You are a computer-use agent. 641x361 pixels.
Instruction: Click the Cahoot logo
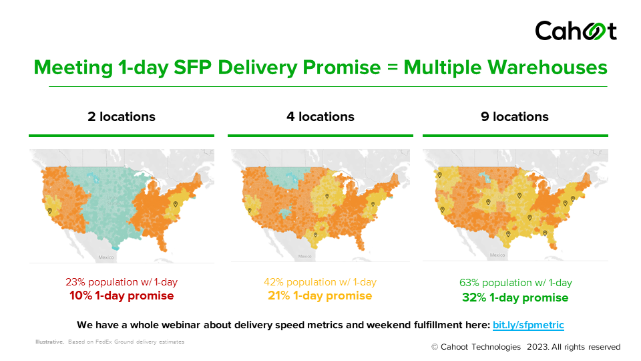[576, 31]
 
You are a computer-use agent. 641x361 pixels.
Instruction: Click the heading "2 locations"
[122, 117]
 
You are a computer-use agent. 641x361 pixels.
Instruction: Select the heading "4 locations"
[320, 117]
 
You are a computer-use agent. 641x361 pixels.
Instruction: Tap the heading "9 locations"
[515, 117]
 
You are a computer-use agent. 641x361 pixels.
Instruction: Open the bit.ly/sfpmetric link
[528, 326]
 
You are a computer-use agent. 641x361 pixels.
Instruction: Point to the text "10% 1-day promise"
[122, 295]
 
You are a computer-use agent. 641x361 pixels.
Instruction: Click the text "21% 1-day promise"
[320, 295]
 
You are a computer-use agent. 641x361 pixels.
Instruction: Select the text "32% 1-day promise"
[515, 297]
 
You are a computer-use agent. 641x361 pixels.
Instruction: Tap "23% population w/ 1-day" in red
[122, 282]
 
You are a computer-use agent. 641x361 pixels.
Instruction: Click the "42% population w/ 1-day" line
[320, 282]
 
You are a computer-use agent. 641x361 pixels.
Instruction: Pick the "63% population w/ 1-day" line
[515, 283]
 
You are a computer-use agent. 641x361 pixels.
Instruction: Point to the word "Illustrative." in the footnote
[50, 342]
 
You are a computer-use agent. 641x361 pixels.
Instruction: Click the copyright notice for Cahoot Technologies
[525, 347]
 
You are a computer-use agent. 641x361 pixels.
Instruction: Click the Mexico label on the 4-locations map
[304, 256]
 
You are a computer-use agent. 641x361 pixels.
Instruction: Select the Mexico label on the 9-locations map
[497, 255]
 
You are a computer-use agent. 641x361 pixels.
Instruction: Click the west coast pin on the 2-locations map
[50, 209]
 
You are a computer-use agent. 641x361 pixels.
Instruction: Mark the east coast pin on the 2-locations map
[176, 204]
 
